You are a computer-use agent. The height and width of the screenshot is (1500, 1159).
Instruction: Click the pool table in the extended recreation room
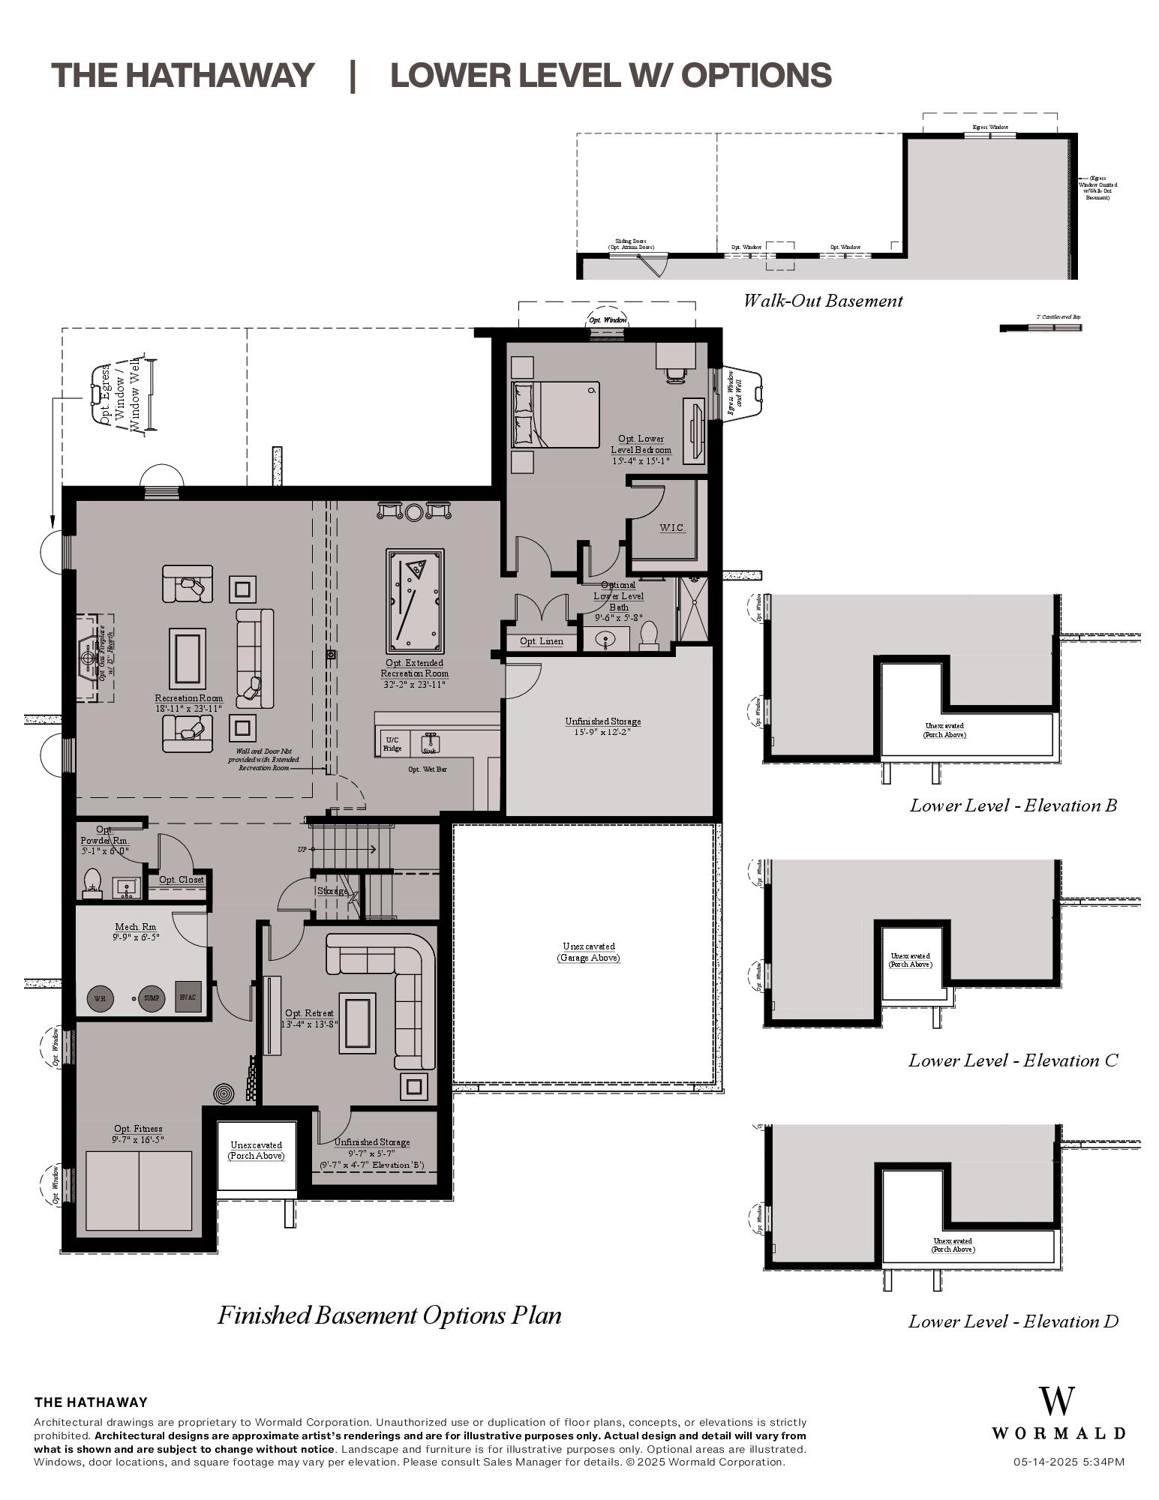tap(415, 601)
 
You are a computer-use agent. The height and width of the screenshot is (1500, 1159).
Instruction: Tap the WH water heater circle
tap(99, 998)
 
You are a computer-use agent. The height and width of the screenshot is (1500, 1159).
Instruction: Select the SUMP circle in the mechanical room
tap(152, 998)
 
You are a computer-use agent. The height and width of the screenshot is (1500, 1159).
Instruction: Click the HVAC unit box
tap(188, 997)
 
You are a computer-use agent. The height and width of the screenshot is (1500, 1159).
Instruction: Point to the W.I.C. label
tap(672, 528)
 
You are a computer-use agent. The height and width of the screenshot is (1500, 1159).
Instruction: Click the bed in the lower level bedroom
tap(556, 415)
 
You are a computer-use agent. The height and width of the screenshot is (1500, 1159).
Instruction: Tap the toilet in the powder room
tap(92, 883)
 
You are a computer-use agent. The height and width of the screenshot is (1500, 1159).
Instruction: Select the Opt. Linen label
tap(541, 641)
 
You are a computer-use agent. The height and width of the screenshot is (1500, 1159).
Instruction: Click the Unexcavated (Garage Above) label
tap(588, 952)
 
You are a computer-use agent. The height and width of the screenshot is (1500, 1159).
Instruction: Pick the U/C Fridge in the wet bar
tap(392, 743)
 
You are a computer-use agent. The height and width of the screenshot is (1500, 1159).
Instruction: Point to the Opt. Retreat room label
tap(309, 1013)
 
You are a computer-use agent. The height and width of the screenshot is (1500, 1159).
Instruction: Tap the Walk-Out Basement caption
tap(822, 301)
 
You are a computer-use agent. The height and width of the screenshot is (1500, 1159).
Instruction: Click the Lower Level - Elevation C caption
tap(1013, 1060)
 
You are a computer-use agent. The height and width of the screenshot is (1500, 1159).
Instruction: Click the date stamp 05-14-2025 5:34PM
tap(1068, 1462)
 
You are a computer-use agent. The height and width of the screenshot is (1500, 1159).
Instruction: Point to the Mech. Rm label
tap(136, 927)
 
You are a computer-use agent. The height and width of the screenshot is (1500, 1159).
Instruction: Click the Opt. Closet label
tap(181, 880)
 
